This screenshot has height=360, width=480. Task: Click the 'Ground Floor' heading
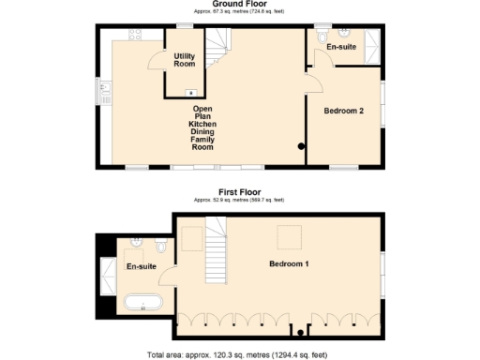pos(240,4)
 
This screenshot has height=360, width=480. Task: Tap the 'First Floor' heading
pos(240,192)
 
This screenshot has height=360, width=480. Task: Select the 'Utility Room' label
pos(185,60)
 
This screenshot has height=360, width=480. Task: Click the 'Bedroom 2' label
pos(344,111)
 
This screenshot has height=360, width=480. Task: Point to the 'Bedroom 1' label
pos(289,263)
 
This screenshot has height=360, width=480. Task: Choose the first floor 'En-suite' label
pos(142,266)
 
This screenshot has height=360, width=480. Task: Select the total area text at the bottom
pos(240,355)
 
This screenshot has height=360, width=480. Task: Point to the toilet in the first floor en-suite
pos(160,246)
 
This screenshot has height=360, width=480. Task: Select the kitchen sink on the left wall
pos(106,91)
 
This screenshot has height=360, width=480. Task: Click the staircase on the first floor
pos(217,246)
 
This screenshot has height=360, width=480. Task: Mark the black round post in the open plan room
pos(301,146)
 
